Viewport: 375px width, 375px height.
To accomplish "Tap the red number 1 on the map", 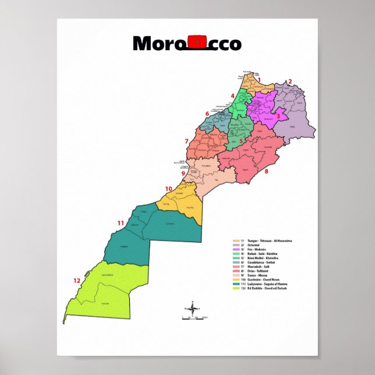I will click(x=260, y=81).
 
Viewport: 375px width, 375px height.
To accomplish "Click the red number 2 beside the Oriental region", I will click(x=289, y=82).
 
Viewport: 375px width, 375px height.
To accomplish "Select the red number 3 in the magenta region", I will click(x=278, y=116).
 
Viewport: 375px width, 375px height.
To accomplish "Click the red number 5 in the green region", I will click(x=241, y=140).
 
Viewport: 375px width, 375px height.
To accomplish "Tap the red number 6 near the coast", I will click(x=207, y=114).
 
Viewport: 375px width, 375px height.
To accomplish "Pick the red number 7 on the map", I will click(x=186, y=141).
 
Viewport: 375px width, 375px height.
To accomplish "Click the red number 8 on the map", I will click(x=266, y=172).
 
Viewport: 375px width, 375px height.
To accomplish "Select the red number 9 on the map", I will click(x=183, y=173).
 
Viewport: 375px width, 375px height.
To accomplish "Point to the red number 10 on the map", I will click(x=168, y=189).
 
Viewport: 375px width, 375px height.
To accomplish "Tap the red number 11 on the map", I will click(x=121, y=223).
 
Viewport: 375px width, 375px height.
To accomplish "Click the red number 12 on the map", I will click(x=77, y=281).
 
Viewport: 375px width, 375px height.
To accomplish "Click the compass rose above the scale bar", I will click(x=193, y=307).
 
